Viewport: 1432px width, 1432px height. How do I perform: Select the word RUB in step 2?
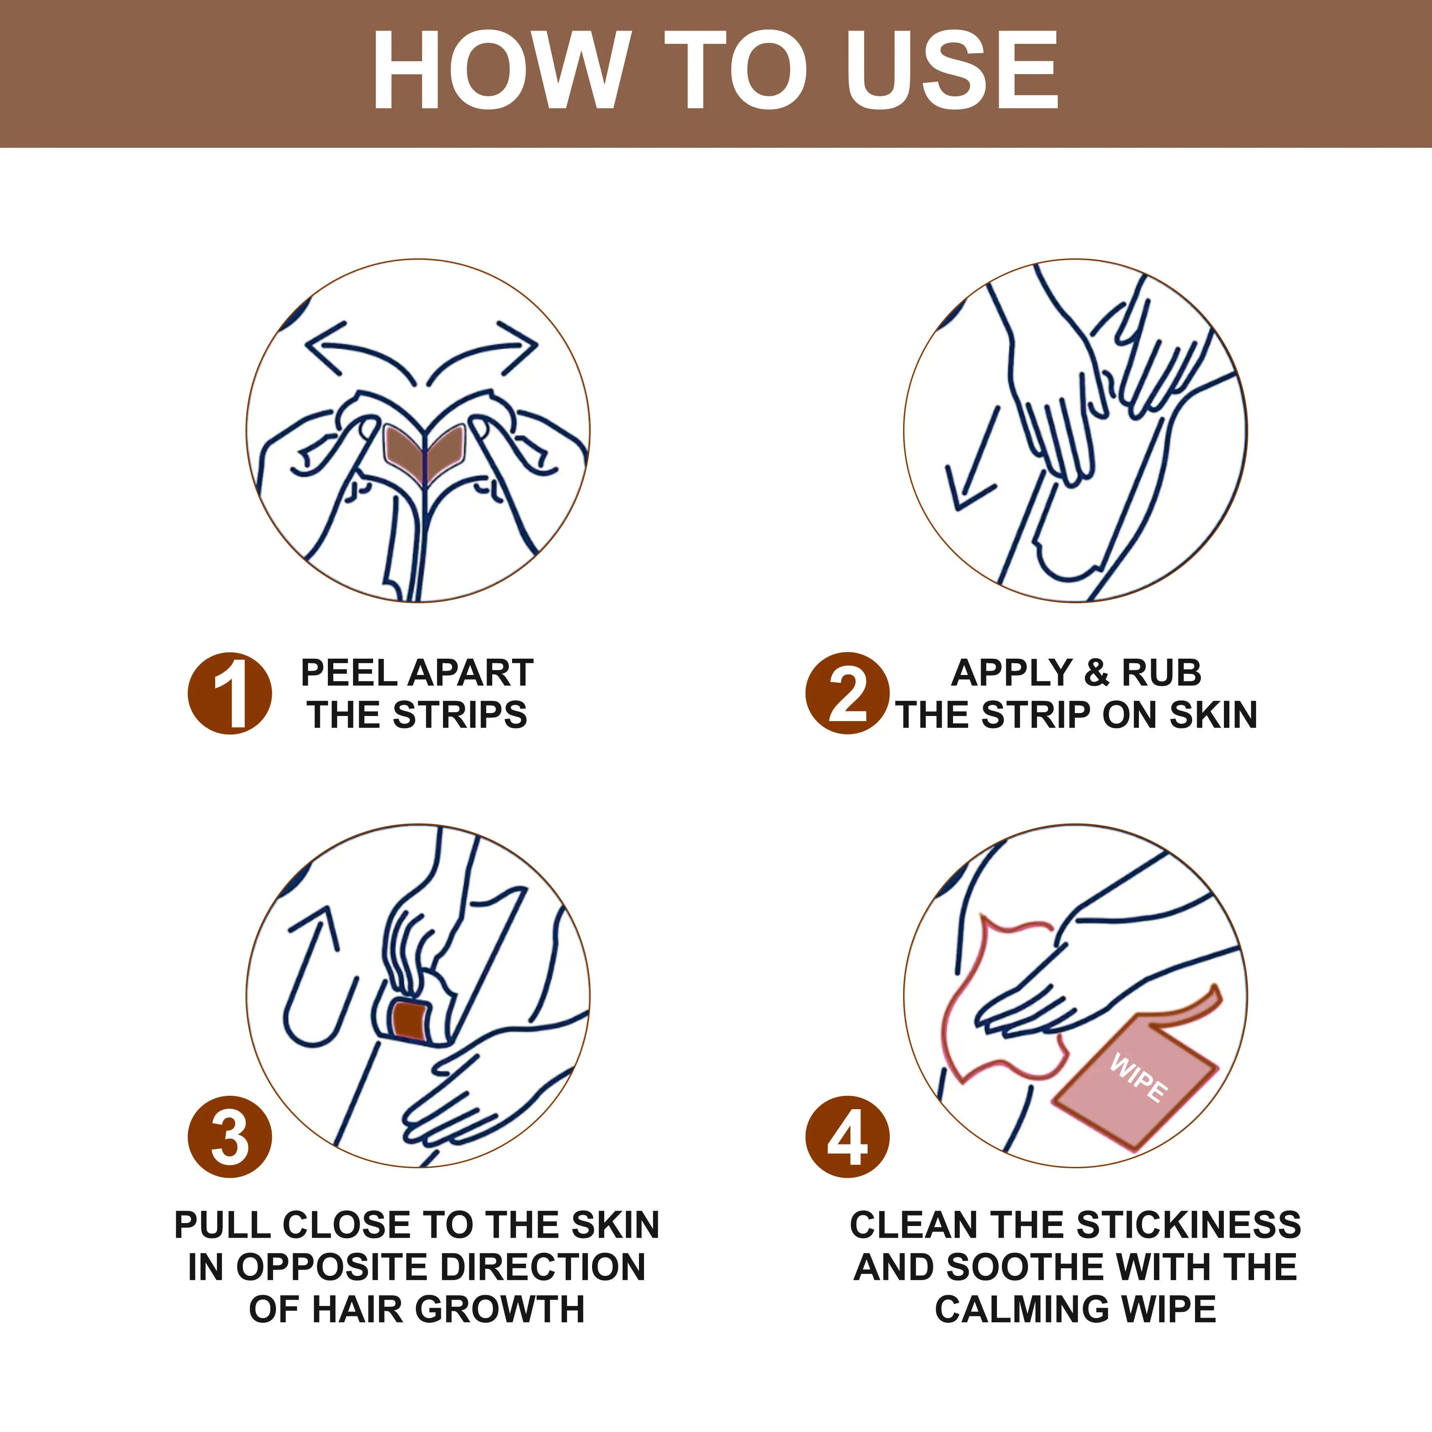pos(1162,673)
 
